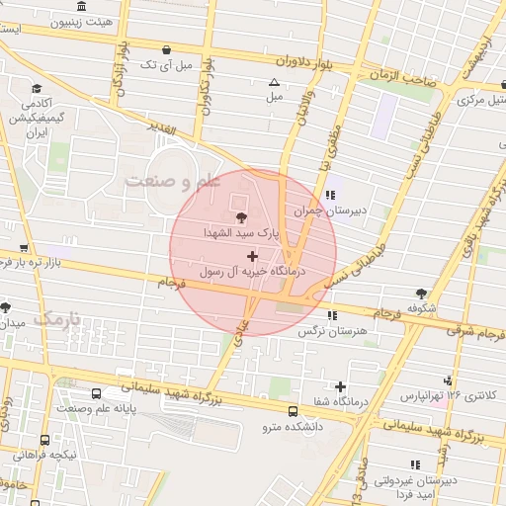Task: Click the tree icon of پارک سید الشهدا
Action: click(240, 218)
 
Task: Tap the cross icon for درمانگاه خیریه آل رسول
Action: click(252, 255)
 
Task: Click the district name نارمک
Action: click(56, 318)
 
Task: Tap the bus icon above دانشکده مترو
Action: click(292, 411)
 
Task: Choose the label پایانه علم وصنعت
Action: click(95, 407)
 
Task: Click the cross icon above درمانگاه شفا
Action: click(341, 385)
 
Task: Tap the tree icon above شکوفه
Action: click(422, 293)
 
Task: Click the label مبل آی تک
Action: click(163, 64)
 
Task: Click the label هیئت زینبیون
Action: click(80, 21)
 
